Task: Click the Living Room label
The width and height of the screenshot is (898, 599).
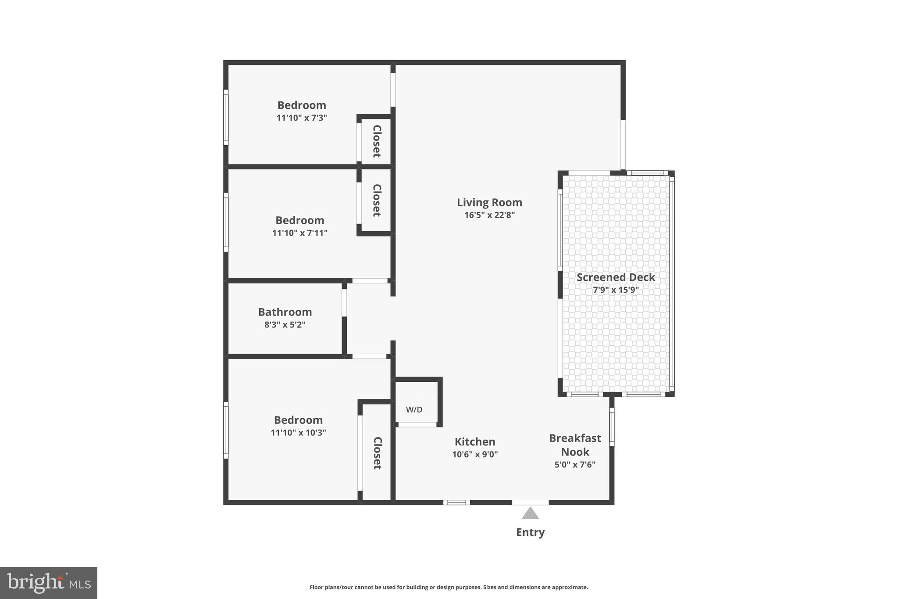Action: [489, 202]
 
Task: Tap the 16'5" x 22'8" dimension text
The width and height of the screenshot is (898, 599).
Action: [489, 215]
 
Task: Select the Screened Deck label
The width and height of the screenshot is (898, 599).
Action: [616, 277]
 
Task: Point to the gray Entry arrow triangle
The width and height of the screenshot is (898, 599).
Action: [530, 513]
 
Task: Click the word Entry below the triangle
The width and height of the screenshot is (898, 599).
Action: [530, 532]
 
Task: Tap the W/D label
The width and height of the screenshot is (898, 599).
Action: [414, 409]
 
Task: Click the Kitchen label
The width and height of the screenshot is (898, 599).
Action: [475, 441]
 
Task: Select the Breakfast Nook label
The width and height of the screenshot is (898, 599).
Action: [575, 445]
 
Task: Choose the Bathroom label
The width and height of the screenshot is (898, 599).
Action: [285, 312]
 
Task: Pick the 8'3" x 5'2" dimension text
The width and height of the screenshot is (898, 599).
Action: [285, 325]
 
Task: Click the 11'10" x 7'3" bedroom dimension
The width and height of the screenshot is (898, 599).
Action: [302, 118]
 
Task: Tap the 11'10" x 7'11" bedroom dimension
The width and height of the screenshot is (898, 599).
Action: [300, 233]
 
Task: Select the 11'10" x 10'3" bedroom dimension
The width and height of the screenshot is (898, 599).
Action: [298, 433]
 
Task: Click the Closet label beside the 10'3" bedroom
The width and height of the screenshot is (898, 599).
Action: [377, 453]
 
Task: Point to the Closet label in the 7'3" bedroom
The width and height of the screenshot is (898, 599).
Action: [377, 141]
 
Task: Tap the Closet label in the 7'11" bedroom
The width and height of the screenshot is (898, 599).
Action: [377, 200]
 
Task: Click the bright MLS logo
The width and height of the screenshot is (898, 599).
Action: [49, 583]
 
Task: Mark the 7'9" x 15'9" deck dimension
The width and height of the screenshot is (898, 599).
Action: [616, 290]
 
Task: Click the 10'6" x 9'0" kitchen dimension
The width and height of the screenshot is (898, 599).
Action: [475, 455]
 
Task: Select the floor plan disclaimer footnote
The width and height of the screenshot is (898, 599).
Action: [449, 587]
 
